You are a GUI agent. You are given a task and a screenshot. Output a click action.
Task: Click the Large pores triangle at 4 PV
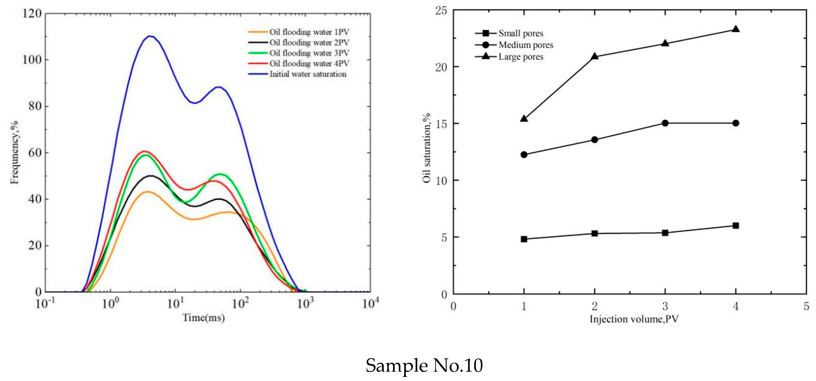[736, 29]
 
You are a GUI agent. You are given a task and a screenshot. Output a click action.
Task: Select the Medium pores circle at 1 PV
[524, 154]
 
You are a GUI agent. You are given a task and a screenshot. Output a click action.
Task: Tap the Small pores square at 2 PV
[595, 233]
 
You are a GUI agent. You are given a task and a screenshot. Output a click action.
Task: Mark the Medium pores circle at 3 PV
[665, 123]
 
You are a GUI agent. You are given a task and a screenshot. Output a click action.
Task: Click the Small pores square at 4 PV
[736, 226]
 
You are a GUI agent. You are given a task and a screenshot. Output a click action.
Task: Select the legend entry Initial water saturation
[308, 74]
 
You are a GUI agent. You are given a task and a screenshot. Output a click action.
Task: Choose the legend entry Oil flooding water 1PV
[309, 32]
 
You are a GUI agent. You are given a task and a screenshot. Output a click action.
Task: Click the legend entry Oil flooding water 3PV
[309, 53]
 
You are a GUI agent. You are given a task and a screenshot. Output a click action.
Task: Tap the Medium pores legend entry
[526, 45]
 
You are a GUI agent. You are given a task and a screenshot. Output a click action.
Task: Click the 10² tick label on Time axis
[240, 303]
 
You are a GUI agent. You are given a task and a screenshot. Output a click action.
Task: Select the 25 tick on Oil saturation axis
[441, 10]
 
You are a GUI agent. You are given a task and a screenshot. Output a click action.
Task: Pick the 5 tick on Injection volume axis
[806, 306]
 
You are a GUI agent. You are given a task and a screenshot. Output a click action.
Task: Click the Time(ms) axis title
[203, 318]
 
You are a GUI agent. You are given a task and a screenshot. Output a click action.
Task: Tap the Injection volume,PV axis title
[634, 319]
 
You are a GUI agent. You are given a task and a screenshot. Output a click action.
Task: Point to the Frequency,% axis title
[14, 152]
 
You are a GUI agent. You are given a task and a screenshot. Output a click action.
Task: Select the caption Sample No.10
[424, 366]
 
